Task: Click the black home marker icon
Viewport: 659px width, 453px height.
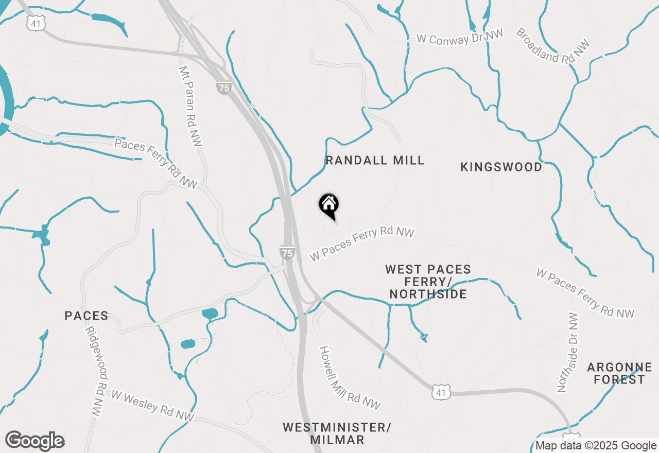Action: tap(328, 205)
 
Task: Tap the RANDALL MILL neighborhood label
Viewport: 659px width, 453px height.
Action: tap(375, 160)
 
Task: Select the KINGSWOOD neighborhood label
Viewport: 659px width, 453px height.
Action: tap(501, 167)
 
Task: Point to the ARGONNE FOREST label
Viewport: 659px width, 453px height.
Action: tap(619, 374)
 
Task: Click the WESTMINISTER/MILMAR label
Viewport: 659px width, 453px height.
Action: tap(337, 433)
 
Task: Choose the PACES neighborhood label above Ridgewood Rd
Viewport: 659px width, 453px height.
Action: tap(86, 316)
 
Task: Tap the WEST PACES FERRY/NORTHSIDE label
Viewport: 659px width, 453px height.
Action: tap(428, 282)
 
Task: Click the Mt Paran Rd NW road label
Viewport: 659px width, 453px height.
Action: tap(189, 106)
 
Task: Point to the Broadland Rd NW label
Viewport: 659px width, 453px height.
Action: tap(552, 46)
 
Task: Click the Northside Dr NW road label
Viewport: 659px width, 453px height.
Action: tap(568, 352)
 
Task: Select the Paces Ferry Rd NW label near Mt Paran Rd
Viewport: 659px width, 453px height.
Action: tap(156, 163)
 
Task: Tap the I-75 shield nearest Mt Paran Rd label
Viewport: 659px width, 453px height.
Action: tap(223, 88)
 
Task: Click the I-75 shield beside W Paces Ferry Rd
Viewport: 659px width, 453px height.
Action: tap(287, 252)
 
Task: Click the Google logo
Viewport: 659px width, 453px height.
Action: tap(34, 441)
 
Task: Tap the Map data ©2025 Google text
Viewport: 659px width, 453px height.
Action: tap(596, 446)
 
